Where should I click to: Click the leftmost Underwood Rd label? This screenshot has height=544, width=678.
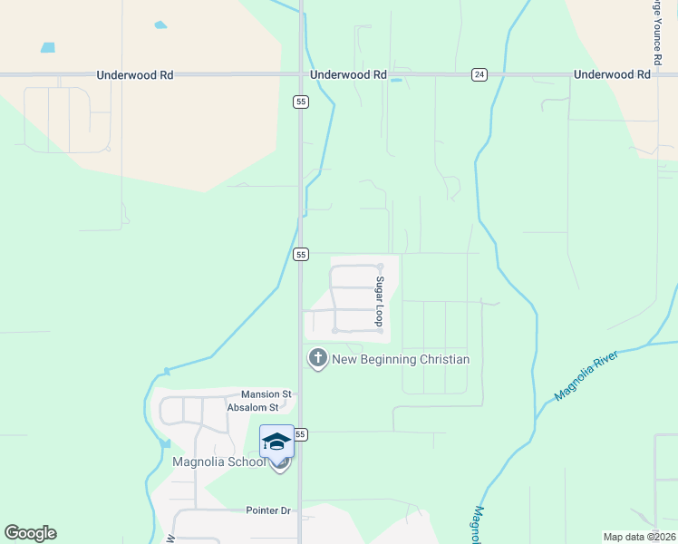(135, 75)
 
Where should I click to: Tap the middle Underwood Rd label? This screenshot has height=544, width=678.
(348, 75)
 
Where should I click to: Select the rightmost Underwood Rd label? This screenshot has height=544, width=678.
(613, 75)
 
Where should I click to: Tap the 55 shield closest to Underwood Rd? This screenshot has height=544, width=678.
(300, 102)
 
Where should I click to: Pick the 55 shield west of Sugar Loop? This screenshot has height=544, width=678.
(302, 255)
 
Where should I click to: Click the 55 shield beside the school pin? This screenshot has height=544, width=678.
(302, 435)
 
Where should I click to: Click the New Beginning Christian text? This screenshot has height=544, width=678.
(401, 360)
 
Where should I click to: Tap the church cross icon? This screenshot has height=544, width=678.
(317, 359)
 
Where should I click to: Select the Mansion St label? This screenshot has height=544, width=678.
(266, 394)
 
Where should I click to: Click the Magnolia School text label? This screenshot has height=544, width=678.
(219, 462)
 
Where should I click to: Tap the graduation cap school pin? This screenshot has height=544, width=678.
(276, 442)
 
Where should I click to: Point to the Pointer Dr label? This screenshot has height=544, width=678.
(268, 510)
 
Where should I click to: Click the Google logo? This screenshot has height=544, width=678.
(30, 533)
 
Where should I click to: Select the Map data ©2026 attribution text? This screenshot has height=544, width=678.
(639, 537)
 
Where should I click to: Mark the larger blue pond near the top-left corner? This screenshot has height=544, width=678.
(47, 47)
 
